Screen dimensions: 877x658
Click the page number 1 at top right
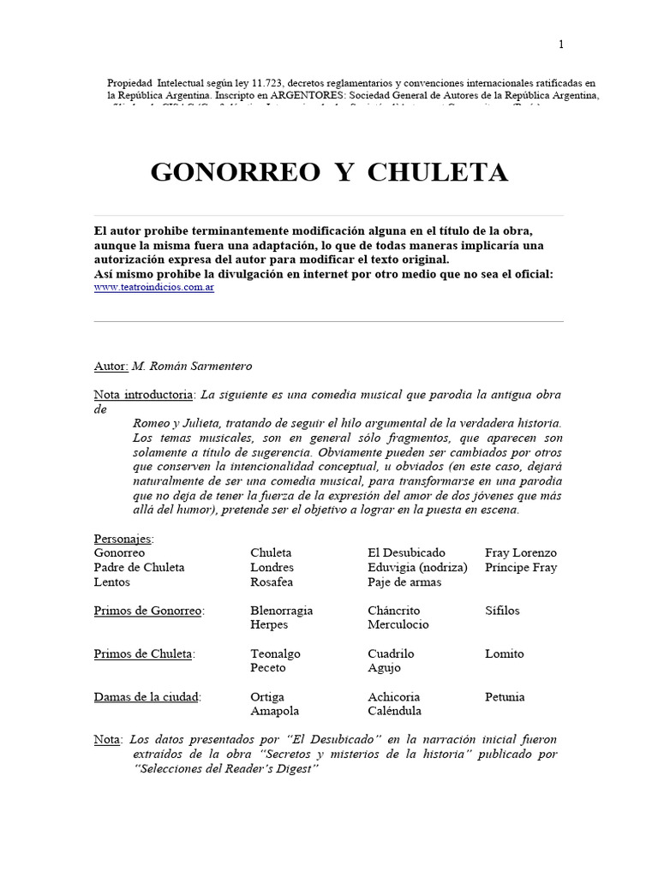click(x=561, y=45)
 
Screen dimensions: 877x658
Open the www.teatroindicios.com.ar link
click(x=154, y=288)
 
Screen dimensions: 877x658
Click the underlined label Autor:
click(x=111, y=366)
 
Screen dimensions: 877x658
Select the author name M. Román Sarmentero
click(x=193, y=366)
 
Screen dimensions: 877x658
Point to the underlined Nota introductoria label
click(x=144, y=394)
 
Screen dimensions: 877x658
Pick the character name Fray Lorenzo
click(x=520, y=552)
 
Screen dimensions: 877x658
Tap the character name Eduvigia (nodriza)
click(x=417, y=567)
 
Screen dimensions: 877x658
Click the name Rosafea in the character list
click(x=272, y=582)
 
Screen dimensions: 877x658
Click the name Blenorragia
click(x=282, y=611)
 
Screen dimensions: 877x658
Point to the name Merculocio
click(x=398, y=624)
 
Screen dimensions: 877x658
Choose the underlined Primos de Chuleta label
click(x=144, y=653)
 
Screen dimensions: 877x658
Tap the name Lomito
click(x=505, y=653)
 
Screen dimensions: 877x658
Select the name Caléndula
click(x=395, y=711)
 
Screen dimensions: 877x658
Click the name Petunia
click(x=505, y=696)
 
